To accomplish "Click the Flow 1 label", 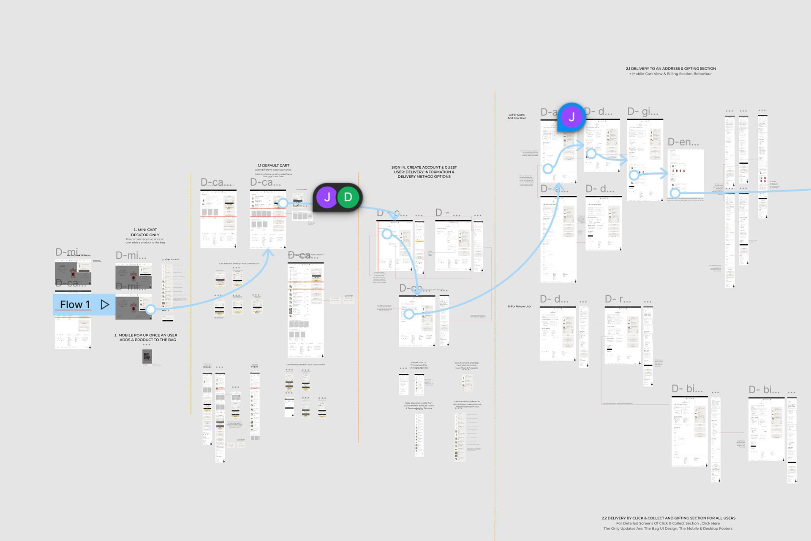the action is [75, 305].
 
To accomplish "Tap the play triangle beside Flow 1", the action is [105, 305].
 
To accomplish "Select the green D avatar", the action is [348, 197].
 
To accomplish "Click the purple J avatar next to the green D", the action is [327, 197].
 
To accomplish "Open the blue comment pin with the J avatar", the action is [572, 117].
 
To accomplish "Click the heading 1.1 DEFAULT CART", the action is [273, 165].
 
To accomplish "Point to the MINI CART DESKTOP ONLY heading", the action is [145, 233].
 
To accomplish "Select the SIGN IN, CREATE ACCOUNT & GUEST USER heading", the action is [424, 172].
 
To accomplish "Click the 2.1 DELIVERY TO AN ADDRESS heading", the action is [670, 68].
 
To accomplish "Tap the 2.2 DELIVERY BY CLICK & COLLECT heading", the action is [668, 518].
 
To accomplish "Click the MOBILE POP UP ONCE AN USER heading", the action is [146, 337].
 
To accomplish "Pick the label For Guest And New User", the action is [517, 116].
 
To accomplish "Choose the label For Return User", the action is [520, 306].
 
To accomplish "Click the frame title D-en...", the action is [683, 142].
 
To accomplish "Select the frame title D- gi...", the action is [642, 111].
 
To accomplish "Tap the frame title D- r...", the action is [618, 299].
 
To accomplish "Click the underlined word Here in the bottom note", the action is [715, 523].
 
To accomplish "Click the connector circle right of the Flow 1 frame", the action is [150, 310].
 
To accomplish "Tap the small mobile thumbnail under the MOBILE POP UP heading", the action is [147, 357].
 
